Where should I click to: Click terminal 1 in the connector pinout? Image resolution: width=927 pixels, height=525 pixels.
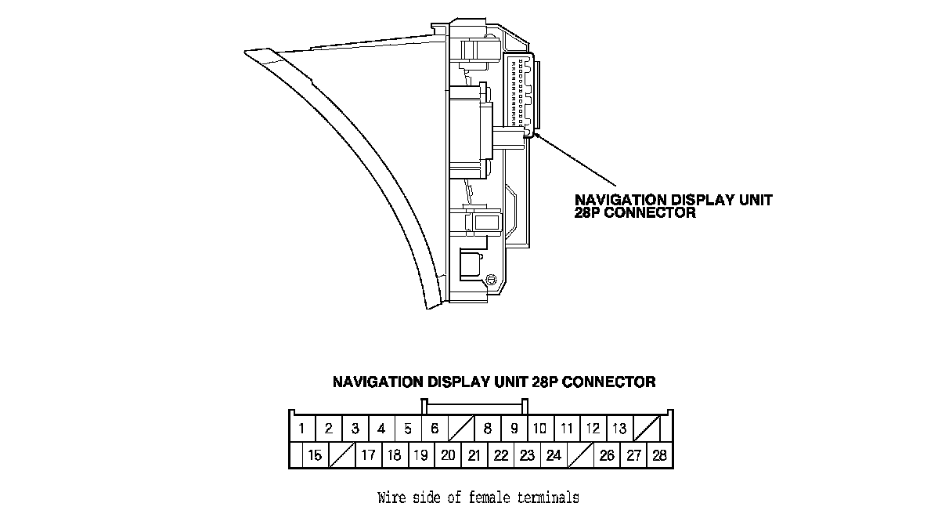coord(302,429)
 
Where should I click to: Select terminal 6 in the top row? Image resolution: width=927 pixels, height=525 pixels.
coord(434,429)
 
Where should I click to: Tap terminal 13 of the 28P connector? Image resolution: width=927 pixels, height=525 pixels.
coord(619,429)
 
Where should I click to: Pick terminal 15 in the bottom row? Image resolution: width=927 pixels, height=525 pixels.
coord(316,455)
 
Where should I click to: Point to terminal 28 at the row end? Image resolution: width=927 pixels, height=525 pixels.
coord(659,455)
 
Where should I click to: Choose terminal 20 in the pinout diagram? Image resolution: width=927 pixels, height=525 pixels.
coord(447,455)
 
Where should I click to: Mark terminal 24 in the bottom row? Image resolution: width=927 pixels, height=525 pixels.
coord(554,455)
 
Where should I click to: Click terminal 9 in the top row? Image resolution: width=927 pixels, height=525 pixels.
coord(514,429)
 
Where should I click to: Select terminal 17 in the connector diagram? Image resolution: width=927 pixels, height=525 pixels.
coord(368,455)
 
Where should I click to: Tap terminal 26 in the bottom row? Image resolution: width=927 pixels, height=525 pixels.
coord(607,455)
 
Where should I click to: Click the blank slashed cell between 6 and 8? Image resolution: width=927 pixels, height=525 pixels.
coord(460,429)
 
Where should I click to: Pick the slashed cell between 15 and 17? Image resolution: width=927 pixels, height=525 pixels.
coord(342,455)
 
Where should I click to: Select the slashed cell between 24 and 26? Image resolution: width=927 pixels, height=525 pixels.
coord(580,455)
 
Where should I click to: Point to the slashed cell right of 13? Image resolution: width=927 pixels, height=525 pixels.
coord(646,429)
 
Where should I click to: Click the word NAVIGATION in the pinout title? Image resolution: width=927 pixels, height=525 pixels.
coord(377,382)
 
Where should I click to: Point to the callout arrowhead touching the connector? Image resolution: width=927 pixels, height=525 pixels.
coord(537,138)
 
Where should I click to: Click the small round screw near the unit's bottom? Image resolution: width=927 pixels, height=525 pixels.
coord(491,280)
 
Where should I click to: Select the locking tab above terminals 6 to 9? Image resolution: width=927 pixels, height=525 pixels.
coord(474,406)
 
